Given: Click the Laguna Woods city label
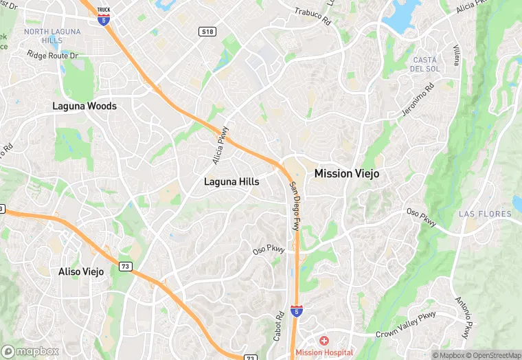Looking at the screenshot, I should coord(84,106).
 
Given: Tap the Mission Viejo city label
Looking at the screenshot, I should coord(346,174).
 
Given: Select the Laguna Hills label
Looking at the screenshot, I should coord(231,181).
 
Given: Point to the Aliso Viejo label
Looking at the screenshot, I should coord(80,271).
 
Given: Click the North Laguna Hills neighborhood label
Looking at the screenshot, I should coord(52,36).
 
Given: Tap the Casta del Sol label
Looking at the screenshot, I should coord(424,65).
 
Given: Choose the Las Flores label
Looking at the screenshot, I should coord(485,214).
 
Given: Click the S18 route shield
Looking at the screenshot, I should coord(207,32).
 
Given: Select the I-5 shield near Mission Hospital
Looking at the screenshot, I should coord(296,311).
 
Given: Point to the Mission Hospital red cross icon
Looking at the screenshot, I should coord(324,341).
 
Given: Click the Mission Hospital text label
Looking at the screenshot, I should coord(324,352).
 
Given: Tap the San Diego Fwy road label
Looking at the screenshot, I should coord(294,206).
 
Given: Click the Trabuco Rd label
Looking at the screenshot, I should coord(313,17).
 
